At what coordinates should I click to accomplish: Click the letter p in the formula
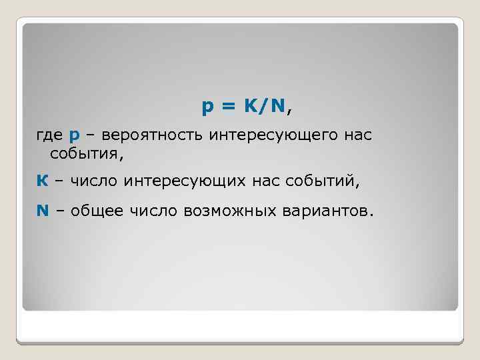pyautogui.click(x=208, y=107)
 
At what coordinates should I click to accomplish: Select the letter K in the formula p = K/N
pyautogui.click(x=251, y=105)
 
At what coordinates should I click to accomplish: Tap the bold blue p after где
pyautogui.click(x=74, y=137)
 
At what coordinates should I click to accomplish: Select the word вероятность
pyautogui.click(x=153, y=136)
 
